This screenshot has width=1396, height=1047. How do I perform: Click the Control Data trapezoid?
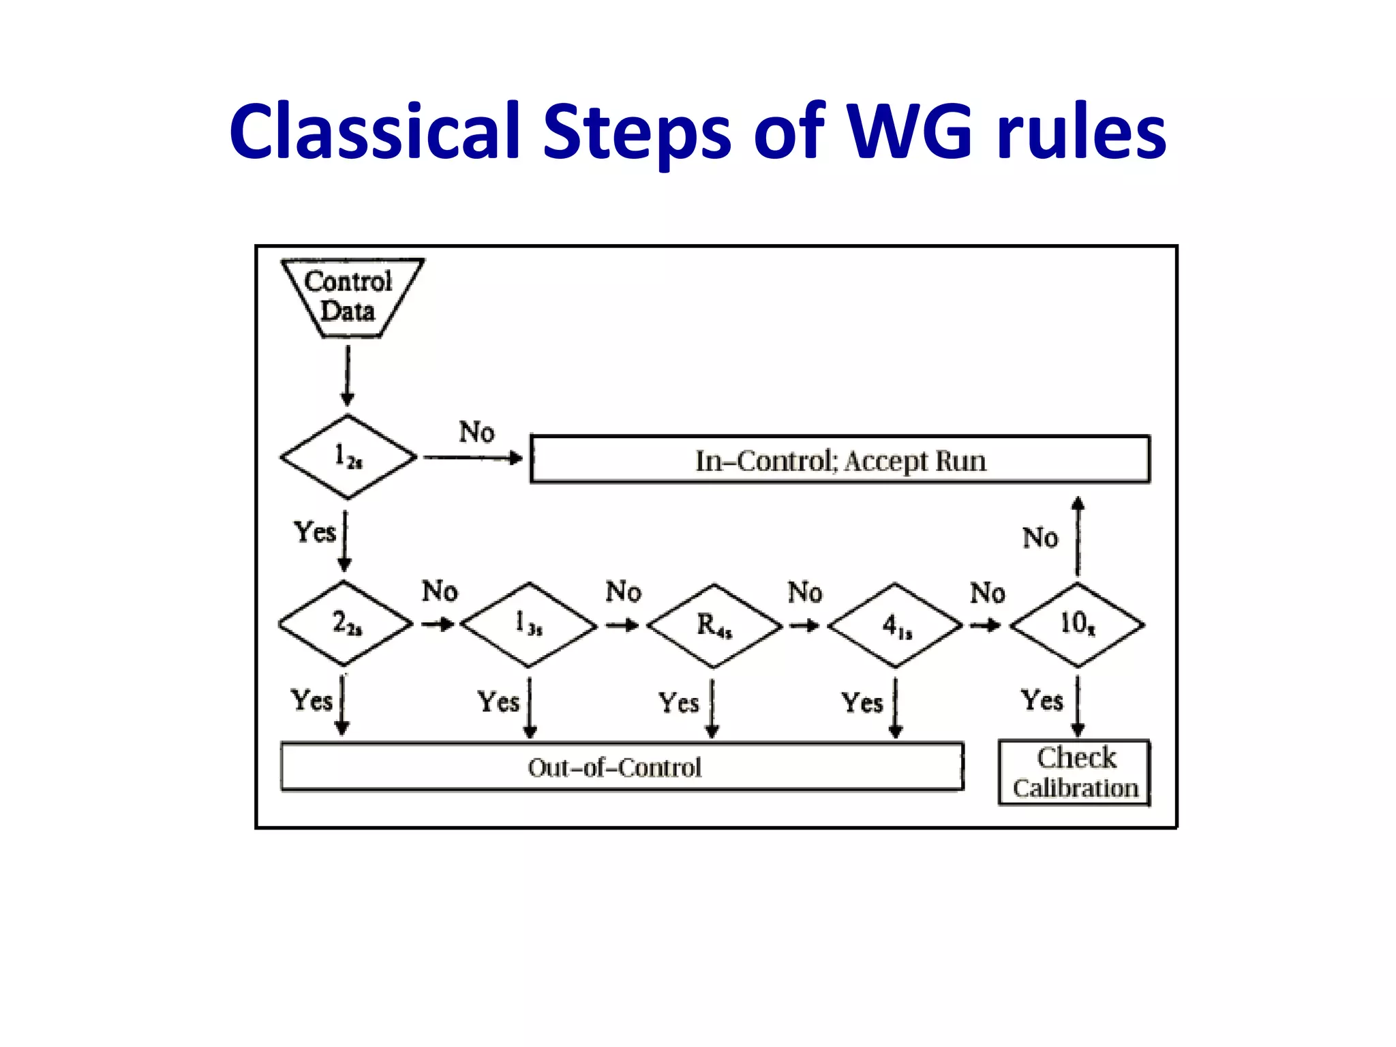350,297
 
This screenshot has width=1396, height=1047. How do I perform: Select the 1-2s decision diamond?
348,457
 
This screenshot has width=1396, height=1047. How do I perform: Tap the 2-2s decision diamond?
346,624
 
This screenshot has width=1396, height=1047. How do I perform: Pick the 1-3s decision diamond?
528,624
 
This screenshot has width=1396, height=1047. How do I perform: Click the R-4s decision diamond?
714,625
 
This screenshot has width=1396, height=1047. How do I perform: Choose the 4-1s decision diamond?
895,625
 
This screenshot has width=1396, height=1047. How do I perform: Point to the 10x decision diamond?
1077,624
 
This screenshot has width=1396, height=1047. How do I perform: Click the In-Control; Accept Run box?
840,460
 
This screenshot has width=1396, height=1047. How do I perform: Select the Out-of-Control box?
622,768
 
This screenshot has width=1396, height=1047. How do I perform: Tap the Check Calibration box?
1075,773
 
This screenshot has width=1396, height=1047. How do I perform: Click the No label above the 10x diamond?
1040,538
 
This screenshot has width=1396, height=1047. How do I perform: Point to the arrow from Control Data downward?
348,375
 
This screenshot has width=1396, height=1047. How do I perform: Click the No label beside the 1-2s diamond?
476,432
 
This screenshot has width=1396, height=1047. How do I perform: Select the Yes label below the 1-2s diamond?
314,532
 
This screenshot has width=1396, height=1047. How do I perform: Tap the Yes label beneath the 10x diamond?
1042,701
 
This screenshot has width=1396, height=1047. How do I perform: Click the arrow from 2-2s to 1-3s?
438,624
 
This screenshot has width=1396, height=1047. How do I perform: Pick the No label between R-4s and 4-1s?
805,592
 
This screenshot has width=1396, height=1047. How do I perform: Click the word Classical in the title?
374,131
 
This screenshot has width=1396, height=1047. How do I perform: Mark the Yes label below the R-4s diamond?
678,703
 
